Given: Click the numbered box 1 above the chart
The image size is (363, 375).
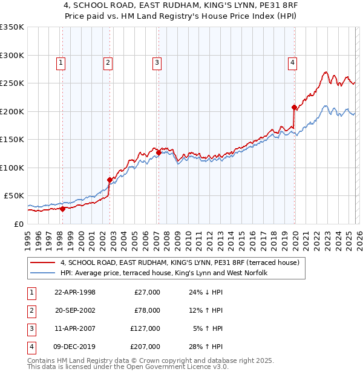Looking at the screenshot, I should [x=62, y=62].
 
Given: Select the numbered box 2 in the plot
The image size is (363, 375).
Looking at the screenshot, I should [x=108, y=62].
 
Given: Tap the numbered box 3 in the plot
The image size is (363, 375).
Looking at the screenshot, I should [x=157, y=62].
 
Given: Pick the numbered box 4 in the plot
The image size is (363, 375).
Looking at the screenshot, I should [x=292, y=62].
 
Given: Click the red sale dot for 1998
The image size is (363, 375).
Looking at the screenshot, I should [x=62, y=209].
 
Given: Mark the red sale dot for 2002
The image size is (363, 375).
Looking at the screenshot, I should [x=110, y=180].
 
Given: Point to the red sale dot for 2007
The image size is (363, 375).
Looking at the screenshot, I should [x=158, y=152].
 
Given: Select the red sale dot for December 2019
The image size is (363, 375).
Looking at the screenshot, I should [x=294, y=107].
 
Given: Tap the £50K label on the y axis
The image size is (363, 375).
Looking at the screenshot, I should [x=14, y=196].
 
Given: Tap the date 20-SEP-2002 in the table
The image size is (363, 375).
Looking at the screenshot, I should [x=75, y=310].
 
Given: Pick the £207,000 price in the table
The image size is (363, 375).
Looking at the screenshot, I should [x=145, y=347].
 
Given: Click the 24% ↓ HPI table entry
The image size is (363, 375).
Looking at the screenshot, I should [x=206, y=292].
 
